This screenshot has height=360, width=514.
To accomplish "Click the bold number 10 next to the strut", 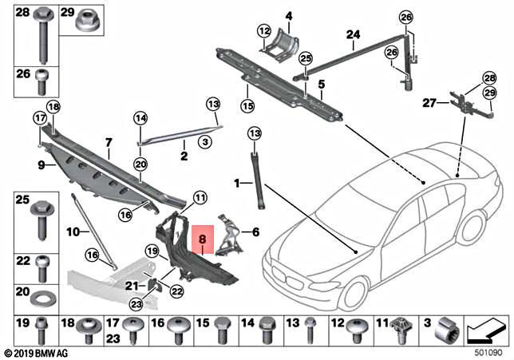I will [73, 232].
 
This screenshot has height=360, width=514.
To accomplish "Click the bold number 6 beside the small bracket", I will [255, 232].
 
